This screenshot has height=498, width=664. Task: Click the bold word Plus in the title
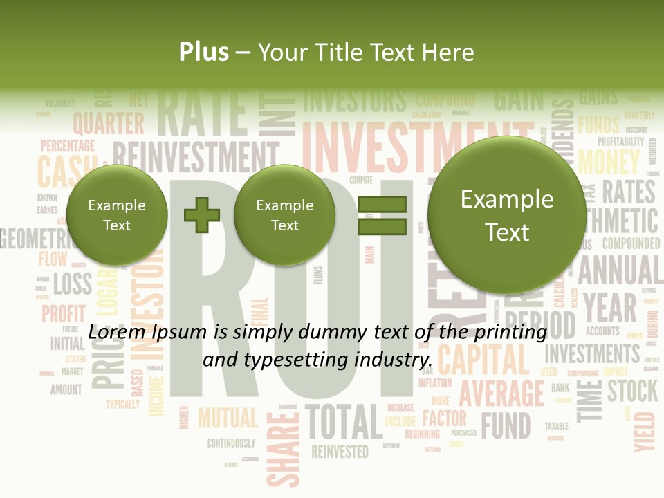point(203,53)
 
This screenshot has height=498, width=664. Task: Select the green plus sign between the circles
point(201,215)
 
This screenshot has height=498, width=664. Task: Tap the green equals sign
point(381,215)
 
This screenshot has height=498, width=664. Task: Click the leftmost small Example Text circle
point(117,215)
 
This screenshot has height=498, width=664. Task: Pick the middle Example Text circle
point(284,215)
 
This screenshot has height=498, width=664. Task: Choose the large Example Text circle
point(507,215)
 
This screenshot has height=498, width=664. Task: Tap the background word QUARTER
point(109,124)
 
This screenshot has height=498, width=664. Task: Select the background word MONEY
point(609,162)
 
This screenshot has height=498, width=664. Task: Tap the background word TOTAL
point(344,422)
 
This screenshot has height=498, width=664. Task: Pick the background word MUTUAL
point(228,418)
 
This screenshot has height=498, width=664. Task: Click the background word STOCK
point(632,391)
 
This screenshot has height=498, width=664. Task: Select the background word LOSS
point(72,284)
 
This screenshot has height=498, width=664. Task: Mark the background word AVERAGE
point(501,394)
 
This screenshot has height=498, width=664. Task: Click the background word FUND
point(506,425)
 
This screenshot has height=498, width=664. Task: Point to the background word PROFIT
point(64,313)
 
